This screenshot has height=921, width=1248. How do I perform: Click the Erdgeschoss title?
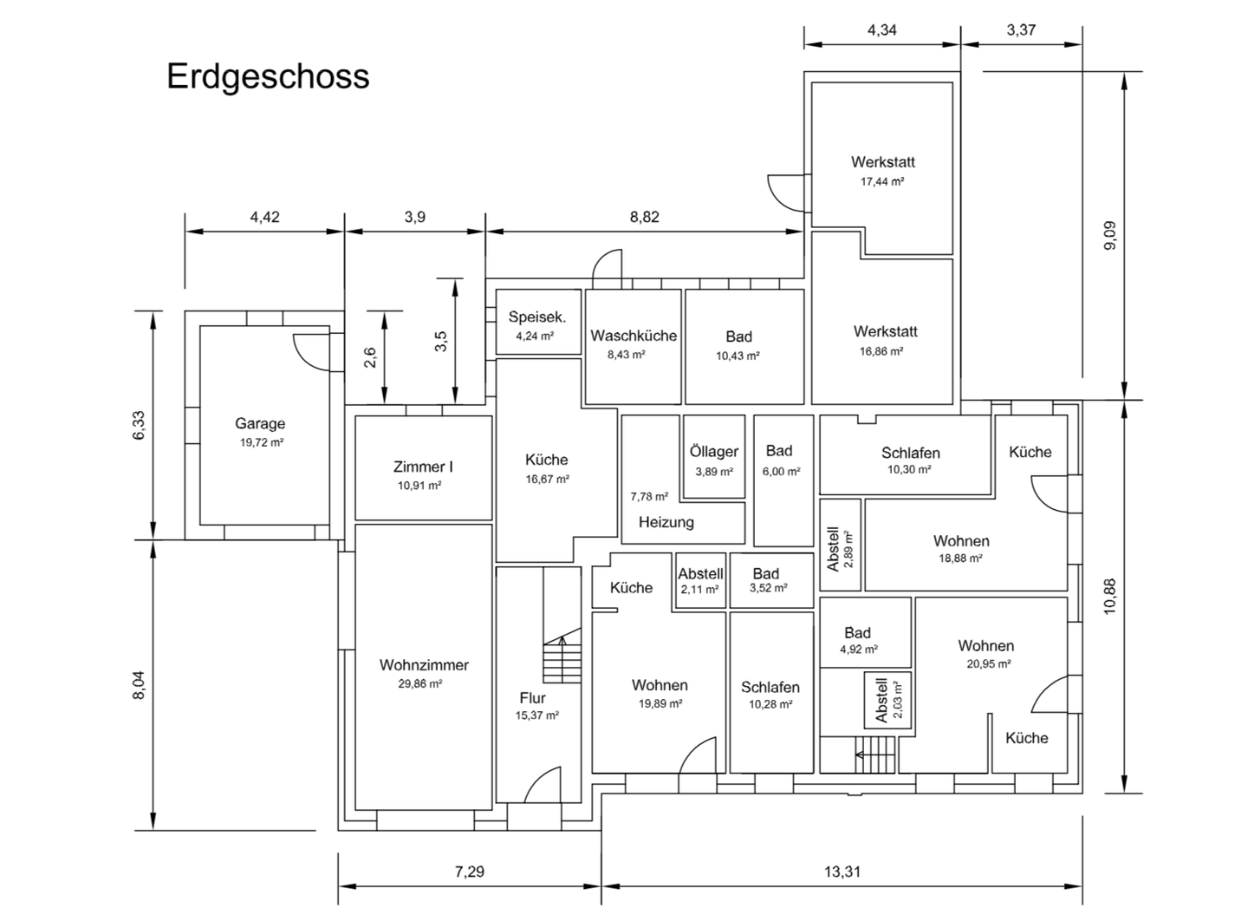pos(268,77)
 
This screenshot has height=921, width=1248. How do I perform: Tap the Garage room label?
pos(260,424)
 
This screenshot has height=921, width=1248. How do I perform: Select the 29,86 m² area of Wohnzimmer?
pos(420,683)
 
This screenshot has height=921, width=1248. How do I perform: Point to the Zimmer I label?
pos(423,467)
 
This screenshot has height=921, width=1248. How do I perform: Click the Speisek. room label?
pos(537,317)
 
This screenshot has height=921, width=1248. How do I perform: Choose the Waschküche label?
pos(634,336)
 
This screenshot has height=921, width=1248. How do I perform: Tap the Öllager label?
pos(714,451)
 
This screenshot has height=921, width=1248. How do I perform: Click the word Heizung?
pos(666,522)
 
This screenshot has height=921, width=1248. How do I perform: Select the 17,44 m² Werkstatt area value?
pos(882,181)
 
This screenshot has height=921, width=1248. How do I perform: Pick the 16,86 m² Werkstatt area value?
pos(881,351)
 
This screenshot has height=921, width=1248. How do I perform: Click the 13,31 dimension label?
pos(842,871)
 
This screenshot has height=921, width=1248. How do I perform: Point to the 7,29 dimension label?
pos(470,871)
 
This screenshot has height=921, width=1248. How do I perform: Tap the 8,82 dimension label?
pos(645,217)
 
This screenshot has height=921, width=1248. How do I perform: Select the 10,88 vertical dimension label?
pos(1110,597)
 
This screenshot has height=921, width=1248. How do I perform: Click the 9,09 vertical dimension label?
pos(1110,235)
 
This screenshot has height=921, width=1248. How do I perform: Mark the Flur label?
pos(533,698)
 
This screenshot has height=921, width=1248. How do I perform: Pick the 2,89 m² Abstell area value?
pos(848,550)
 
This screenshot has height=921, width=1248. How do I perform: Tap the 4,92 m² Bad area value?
pos(859,649)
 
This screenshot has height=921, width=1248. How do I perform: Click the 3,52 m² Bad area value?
pos(768,588)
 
